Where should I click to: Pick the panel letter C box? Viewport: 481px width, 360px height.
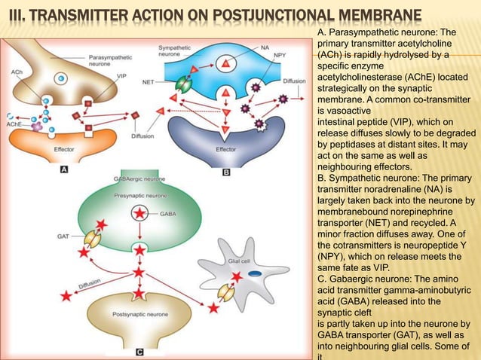pos(139,350)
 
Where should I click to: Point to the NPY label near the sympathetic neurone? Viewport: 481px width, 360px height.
pos(280,56)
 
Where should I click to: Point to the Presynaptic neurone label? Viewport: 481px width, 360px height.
pos(137,195)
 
